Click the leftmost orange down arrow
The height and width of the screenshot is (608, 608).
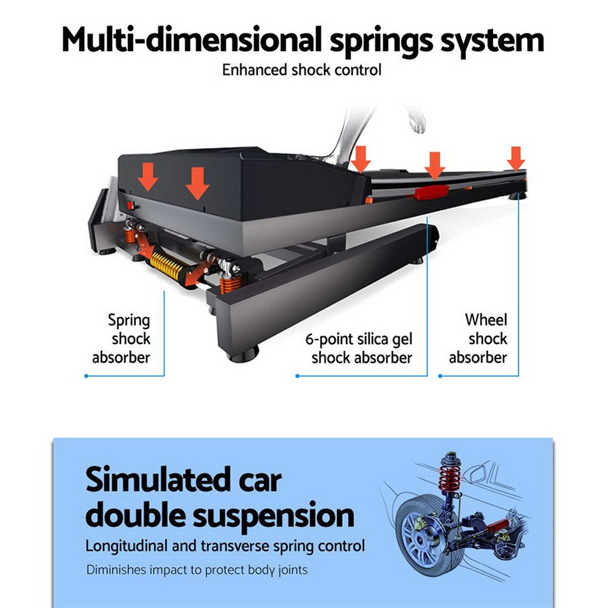pyautogui.click(x=149, y=177)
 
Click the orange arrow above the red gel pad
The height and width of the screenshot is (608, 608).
pyautogui.click(x=435, y=165)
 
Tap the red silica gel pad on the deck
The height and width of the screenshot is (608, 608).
pyautogui.click(x=433, y=191)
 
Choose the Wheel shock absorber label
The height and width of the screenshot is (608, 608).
pyautogui.click(x=478, y=338)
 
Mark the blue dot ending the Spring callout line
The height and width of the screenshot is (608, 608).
pyautogui.click(x=86, y=375)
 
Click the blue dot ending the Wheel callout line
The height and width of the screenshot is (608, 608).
pyautogui.click(x=440, y=375)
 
